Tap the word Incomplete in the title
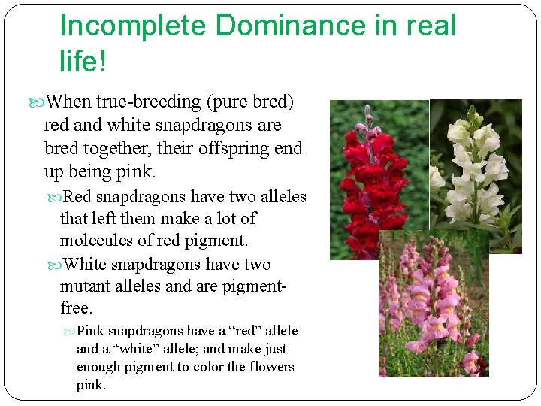132,26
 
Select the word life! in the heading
83,61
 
